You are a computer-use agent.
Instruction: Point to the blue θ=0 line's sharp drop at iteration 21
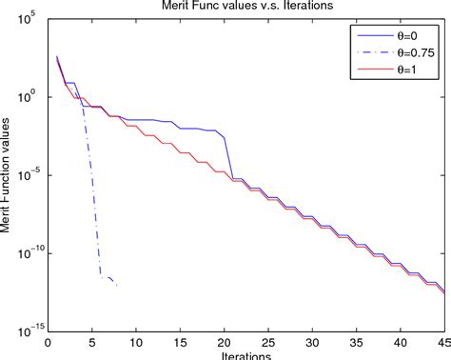tap(229, 157)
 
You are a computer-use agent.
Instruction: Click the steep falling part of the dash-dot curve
tap(92, 190)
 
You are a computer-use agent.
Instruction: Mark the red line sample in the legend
tap(367, 70)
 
